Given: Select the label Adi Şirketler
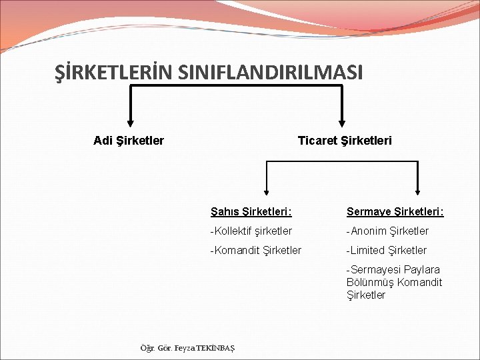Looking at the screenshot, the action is pos(129,140).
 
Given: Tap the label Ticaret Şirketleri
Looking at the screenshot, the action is pos(345,140).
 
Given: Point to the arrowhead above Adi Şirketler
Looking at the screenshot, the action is pos(129,121).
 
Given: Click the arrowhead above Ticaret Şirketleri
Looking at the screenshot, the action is pos(342,121).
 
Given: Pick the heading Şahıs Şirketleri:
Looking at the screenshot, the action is pos(251,211).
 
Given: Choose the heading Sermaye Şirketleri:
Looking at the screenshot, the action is pos(395,211).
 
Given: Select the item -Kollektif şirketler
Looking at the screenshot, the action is pos(251,231).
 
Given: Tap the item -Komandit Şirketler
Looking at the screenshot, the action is pos(255,250).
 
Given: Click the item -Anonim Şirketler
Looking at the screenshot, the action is pos(387,231).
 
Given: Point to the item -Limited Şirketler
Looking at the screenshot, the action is pos(387,250).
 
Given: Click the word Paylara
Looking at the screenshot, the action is pos(422,269).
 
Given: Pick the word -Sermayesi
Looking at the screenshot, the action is pos(373,269).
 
